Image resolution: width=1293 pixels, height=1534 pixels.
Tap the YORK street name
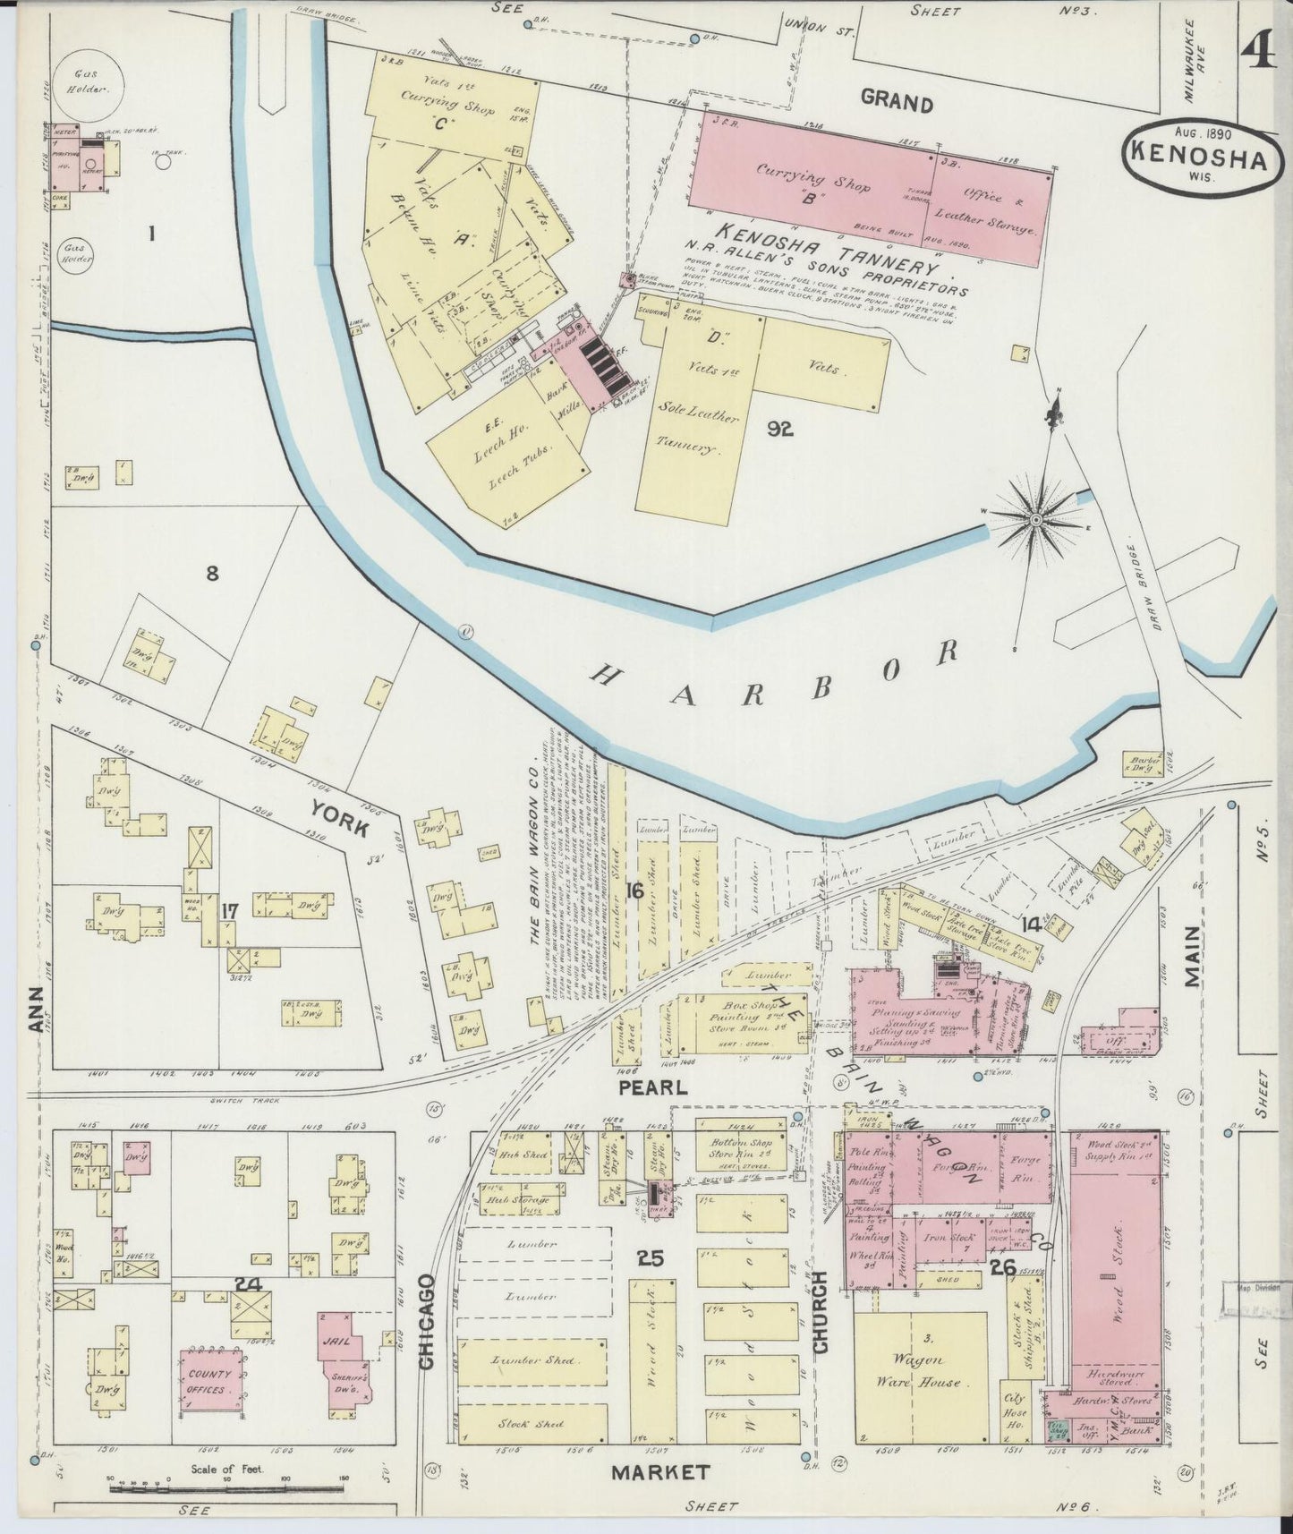(339, 819)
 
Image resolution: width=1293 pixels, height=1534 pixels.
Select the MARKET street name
(661, 1471)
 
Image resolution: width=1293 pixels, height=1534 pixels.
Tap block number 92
(779, 429)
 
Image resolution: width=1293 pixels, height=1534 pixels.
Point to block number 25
(650, 1258)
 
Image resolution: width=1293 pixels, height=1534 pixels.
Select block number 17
(230, 912)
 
